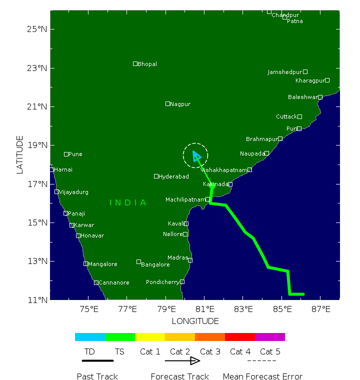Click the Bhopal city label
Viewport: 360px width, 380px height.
click(x=147, y=64)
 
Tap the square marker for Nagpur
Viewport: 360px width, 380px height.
click(x=168, y=103)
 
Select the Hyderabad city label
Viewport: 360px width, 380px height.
click(x=173, y=176)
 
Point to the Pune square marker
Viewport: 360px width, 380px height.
click(x=66, y=154)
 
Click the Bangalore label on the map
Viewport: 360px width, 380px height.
click(x=155, y=264)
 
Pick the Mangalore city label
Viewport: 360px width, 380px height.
click(x=102, y=264)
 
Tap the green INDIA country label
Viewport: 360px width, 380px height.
click(x=128, y=202)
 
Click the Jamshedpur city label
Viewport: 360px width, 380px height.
click(x=284, y=72)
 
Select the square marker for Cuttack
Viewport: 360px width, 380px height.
click(x=299, y=116)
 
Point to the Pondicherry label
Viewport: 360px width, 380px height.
click(x=162, y=282)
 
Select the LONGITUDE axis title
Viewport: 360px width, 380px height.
click(x=195, y=321)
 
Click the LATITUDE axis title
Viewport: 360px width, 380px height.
click(x=20, y=154)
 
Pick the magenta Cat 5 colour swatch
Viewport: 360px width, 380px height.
click(x=270, y=337)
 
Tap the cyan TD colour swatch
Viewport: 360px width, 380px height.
click(x=90, y=337)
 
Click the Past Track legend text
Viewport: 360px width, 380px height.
click(x=97, y=376)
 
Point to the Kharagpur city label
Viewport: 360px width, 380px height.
click(x=310, y=80)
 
